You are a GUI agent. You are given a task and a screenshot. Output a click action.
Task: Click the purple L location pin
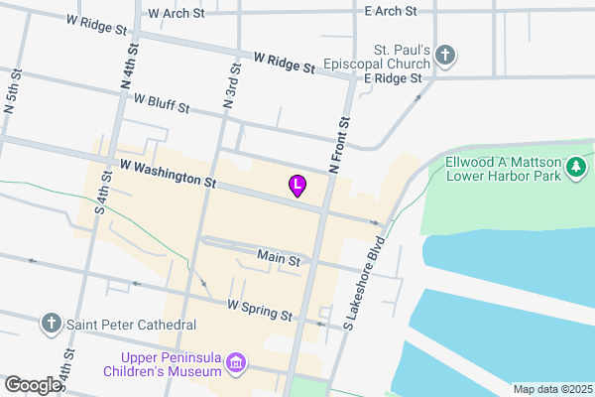(x=297, y=185)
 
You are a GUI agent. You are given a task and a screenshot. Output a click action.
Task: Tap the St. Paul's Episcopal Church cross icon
(x=447, y=56)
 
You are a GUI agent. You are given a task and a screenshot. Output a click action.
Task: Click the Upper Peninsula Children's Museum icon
(x=236, y=364)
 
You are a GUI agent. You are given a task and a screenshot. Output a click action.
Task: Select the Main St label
(x=279, y=258)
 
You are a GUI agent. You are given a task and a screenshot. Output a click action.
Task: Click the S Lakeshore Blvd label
(x=363, y=283)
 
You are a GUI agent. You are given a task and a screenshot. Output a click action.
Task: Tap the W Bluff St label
(x=161, y=102)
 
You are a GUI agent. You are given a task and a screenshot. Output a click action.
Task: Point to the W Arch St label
(x=175, y=14)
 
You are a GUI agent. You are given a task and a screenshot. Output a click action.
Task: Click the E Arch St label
(x=391, y=11)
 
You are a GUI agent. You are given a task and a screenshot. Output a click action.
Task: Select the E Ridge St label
(x=393, y=77)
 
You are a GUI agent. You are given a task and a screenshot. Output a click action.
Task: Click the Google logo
(x=32, y=385)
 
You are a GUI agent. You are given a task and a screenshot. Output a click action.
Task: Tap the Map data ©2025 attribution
(x=550, y=389)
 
